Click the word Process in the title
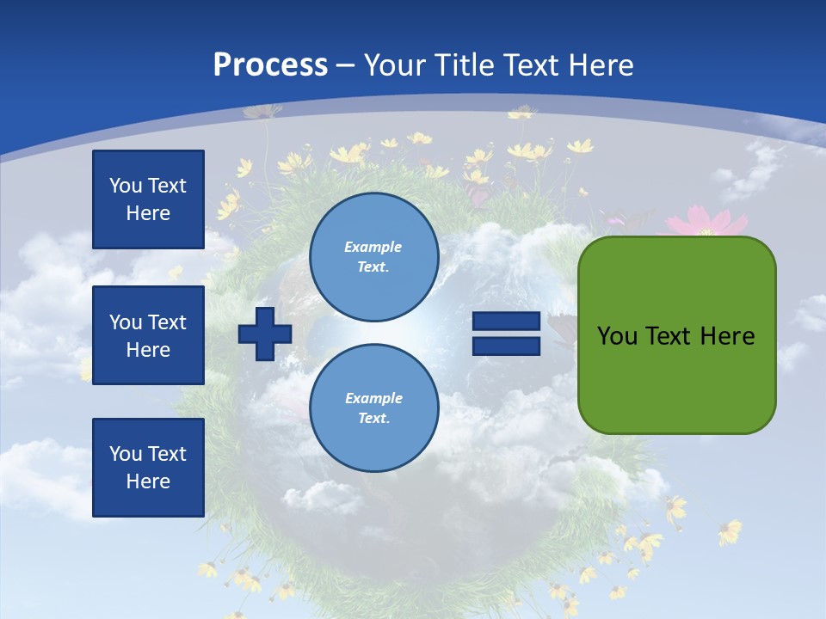[270, 65]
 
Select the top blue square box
[148, 199]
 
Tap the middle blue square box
[148, 335]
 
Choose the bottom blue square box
[148, 468]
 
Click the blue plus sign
[265, 334]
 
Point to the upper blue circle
[373, 257]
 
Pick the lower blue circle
[373, 408]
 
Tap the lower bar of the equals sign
[506, 346]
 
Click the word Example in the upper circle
[373, 248]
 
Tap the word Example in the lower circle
[373, 399]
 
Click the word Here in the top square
[148, 213]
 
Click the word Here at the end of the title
[601, 65]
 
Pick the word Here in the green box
[727, 336]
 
